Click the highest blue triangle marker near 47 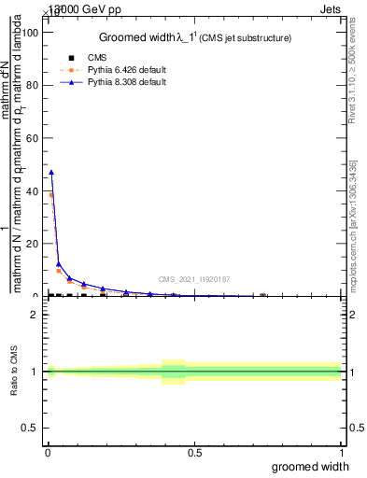(51, 172)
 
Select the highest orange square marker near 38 (51, 195)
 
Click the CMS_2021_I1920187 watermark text (195, 279)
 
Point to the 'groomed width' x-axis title (310, 466)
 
